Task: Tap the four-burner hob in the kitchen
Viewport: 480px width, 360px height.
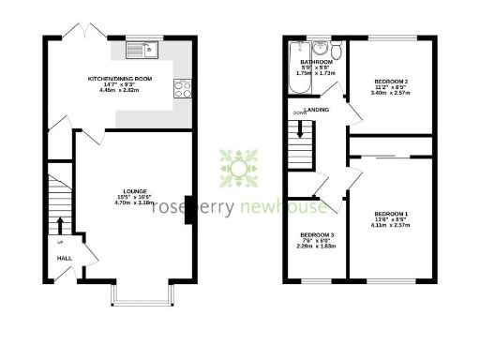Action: click(181, 90)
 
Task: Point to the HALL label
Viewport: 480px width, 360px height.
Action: click(64, 258)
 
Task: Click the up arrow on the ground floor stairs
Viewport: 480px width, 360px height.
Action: click(62, 226)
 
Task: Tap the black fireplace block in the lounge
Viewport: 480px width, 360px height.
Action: click(188, 209)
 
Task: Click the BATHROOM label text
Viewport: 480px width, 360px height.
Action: click(317, 62)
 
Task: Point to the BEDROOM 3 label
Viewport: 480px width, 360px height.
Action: click(318, 234)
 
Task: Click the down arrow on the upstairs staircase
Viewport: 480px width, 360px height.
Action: click(301, 113)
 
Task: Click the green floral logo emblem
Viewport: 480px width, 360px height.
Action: click(240, 169)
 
